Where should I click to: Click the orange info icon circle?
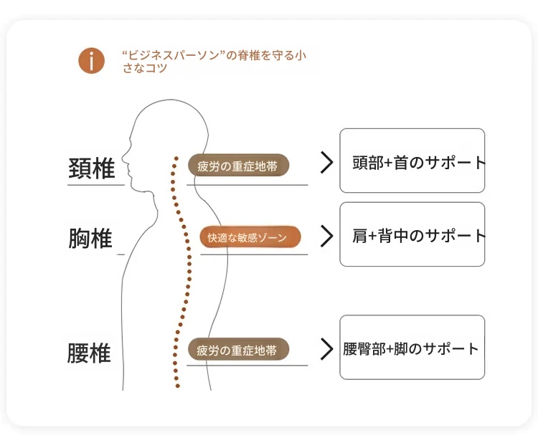point(92,61)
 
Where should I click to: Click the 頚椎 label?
point(91,169)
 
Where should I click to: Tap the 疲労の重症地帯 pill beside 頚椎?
point(237,166)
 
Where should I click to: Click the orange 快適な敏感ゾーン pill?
point(250,237)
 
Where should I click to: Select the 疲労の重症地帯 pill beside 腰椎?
point(237,350)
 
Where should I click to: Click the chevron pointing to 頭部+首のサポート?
point(327,162)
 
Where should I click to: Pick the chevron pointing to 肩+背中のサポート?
point(327,236)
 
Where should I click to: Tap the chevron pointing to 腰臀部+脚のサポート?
point(327,349)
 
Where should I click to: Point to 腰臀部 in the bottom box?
point(364,350)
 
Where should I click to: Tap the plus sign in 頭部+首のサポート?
point(389,163)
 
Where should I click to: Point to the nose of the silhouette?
point(123,158)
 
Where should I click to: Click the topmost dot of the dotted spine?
point(174,158)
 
